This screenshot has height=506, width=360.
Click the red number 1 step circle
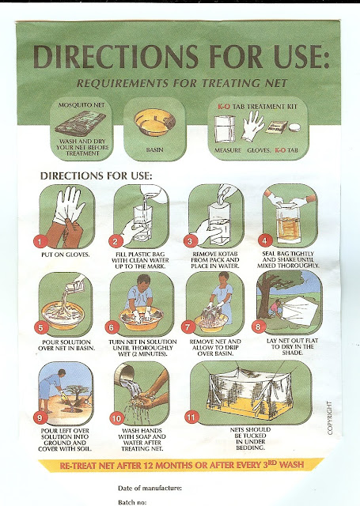point(40,241)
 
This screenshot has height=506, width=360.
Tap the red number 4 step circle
point(265,240)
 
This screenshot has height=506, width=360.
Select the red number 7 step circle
point(188,327)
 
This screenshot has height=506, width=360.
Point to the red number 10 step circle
point(116,418)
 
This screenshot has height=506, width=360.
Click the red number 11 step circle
point(191,417)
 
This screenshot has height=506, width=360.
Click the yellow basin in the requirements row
point(154,123)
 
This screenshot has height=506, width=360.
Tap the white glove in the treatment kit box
point(253,126)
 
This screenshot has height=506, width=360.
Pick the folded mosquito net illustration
point(81,123)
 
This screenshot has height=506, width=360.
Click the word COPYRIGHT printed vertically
point(329,418)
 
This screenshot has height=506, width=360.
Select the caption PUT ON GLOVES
point(65,255)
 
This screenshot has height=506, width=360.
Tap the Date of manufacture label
point(150,488)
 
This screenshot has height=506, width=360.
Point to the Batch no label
point(132,502)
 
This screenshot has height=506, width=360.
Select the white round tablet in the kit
point(294,127)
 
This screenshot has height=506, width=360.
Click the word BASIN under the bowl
point(154,150)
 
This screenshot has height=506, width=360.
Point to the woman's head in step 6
point(143,280)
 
